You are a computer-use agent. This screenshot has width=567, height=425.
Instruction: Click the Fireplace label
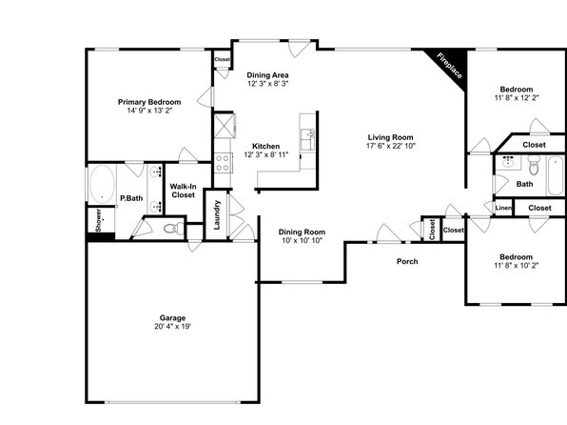449,66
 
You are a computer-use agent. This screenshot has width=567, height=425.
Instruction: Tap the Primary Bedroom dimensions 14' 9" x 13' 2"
149,111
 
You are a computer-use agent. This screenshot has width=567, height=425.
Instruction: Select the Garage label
172,318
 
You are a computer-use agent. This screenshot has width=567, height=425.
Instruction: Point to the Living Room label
391,137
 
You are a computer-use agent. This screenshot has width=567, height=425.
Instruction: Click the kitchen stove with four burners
223,163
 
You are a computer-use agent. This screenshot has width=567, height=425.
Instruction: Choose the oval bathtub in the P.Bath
103,185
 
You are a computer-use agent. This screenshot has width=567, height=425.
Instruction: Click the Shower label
98,220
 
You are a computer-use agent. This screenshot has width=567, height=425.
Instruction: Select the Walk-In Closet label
184,191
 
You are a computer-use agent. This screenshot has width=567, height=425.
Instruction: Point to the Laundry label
217,214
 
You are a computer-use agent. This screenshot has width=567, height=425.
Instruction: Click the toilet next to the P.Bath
173,229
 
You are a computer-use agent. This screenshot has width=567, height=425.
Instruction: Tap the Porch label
407,261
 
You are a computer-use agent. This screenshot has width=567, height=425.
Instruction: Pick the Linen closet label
503,208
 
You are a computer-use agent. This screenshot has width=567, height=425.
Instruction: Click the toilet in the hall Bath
534,165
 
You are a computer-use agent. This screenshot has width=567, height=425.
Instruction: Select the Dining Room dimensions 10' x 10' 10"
302,240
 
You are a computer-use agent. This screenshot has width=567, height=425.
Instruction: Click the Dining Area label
267,75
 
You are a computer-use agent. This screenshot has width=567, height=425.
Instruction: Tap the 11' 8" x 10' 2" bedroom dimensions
517,265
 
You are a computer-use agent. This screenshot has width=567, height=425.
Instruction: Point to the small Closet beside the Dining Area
222,59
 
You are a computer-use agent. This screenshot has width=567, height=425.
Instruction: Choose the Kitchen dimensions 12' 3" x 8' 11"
266,154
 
